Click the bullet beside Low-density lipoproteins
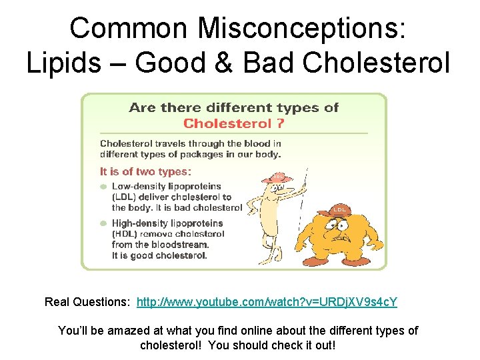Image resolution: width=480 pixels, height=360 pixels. pos(103,187)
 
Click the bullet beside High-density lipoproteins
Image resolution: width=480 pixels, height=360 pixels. pos(103,224)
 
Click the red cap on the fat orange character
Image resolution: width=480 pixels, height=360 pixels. pos(338,210)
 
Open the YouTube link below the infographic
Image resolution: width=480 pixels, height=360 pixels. pos(267,302)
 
